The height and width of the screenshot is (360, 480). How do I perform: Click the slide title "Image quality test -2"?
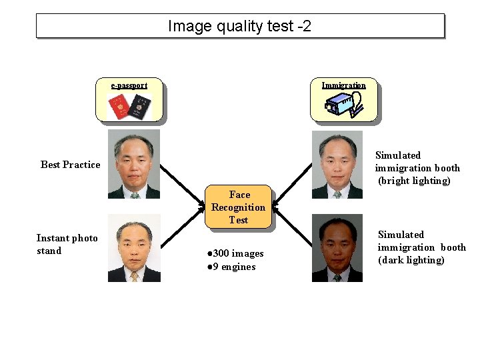(239, 26)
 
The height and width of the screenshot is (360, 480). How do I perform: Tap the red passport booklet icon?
(120, 105)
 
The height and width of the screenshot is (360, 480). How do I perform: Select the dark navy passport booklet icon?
(141, 105)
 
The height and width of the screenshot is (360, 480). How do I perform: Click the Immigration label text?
(343, 85)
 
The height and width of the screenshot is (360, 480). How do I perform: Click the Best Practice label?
(70, 165)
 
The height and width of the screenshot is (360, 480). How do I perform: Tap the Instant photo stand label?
(67, 245)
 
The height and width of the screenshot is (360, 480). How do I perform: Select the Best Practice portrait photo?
(134, 164)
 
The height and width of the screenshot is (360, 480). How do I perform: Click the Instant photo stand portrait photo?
(134, 248)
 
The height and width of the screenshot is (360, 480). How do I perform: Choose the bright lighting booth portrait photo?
(337, 164)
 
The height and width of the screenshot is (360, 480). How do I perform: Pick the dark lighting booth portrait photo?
(337, 248)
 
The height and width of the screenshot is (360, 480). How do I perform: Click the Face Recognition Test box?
(239, 207)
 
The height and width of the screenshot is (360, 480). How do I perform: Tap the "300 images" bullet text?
(235, 253)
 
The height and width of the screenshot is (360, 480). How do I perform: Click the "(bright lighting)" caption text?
(414, 181)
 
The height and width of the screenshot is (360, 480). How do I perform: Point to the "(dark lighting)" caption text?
(411, 260)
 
